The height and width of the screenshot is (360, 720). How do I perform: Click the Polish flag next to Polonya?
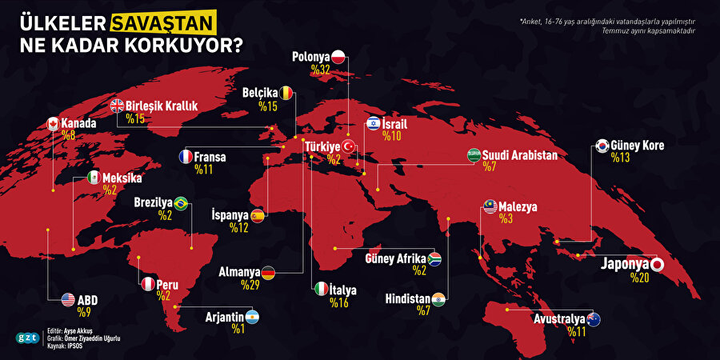[x=339, y=57]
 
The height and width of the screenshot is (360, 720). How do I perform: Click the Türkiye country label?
[x=322, y=146]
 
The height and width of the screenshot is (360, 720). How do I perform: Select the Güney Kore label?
[x=637, y=146]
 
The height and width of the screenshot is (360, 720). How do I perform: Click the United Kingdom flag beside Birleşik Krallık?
[x=117, y=105]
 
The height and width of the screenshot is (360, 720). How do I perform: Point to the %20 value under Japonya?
[x=639, y=278]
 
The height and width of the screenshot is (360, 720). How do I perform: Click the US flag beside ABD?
[x=68, y=300]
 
